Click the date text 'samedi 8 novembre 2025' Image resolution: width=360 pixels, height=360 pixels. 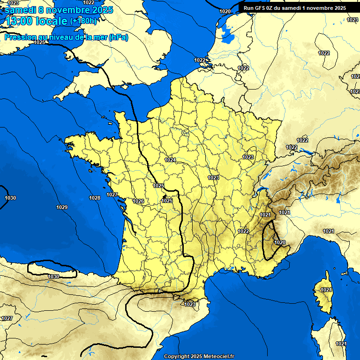pos(59,10)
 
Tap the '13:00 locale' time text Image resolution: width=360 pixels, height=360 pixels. pos(36,21)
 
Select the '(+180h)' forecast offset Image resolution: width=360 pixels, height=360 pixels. pos(83,21)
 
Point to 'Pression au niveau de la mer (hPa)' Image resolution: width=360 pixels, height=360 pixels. pos(66,37)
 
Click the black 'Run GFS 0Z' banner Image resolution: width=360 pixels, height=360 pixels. pos(294,8)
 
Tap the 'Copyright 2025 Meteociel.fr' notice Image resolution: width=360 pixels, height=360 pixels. pos(199,356)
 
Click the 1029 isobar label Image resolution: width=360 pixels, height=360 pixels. pos(61,207)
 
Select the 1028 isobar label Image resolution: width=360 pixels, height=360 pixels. pos(95,198)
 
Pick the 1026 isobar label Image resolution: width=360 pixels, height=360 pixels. pos(138,201)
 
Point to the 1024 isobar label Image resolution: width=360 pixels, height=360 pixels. pos(170,160)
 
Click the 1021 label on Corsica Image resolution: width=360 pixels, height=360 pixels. pos(326,290)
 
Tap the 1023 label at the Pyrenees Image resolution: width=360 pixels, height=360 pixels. pos(190,304)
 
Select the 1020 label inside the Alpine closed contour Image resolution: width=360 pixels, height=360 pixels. pos(280,242)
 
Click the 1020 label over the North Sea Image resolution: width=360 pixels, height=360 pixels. pos(225,11)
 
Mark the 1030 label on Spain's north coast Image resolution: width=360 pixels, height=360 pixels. pos(53,277)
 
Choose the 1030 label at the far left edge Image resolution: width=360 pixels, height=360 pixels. pos(10,198)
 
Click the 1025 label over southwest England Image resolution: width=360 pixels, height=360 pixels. pos(39,42)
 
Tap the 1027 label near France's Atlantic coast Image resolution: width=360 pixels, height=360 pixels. pos(112,195)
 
